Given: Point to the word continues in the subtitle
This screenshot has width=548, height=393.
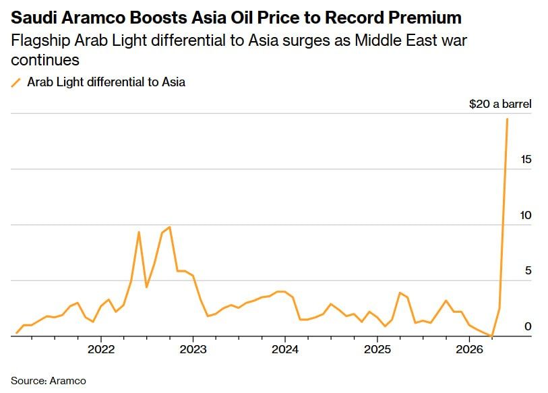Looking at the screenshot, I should point(45,60).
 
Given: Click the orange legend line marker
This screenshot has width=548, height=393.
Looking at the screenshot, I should point(16,83).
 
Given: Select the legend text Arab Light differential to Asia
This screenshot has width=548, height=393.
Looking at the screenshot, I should point(106,82).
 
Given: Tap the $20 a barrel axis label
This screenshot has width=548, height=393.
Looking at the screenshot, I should point(500,104).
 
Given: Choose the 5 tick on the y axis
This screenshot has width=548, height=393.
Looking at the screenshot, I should point(528,270).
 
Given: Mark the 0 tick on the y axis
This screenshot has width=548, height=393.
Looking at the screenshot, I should point(528,326).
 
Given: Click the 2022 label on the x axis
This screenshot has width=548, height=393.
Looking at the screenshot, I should point(100,350).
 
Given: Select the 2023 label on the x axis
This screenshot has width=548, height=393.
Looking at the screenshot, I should point(193,350).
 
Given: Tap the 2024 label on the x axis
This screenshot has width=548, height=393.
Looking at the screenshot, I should point(285,350).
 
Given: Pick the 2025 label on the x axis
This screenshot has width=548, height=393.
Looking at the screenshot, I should point(377,350).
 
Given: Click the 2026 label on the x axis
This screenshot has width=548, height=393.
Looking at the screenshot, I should point(470,350).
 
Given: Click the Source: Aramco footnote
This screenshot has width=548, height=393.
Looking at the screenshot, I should point(49,380).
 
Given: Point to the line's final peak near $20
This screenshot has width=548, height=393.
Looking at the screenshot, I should point(507,119).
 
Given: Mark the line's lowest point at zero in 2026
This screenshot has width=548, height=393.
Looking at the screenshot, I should point(492,335).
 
